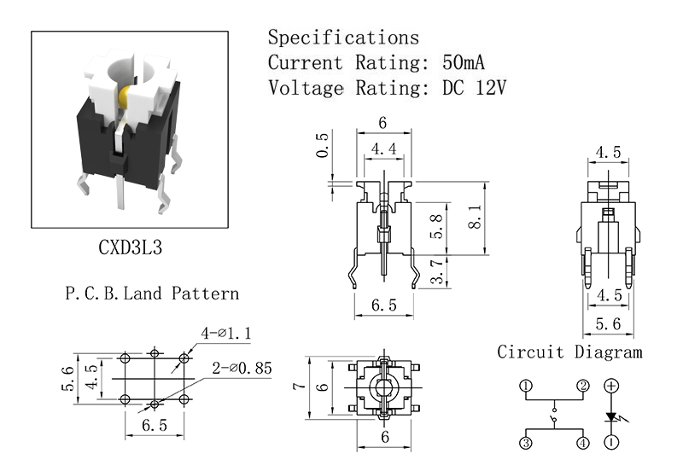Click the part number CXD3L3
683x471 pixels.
131,247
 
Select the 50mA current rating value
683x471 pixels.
463,62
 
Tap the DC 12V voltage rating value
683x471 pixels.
475,88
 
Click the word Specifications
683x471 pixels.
343,37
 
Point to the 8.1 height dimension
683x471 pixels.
476,218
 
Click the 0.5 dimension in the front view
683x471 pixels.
323,145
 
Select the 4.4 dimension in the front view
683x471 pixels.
383,149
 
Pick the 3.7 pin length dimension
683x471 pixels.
437,271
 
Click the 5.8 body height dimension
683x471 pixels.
436,226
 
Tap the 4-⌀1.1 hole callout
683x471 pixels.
226,334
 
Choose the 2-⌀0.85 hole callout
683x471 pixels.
242,369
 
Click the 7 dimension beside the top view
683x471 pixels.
300,386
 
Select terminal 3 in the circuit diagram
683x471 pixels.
526,443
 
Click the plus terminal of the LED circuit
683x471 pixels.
611,386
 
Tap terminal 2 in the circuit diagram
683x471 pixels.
583,386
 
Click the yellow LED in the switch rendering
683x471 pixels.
124,97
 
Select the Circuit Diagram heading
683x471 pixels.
569,352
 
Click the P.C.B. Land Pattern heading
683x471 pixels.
152,294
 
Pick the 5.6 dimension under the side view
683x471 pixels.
608,324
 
